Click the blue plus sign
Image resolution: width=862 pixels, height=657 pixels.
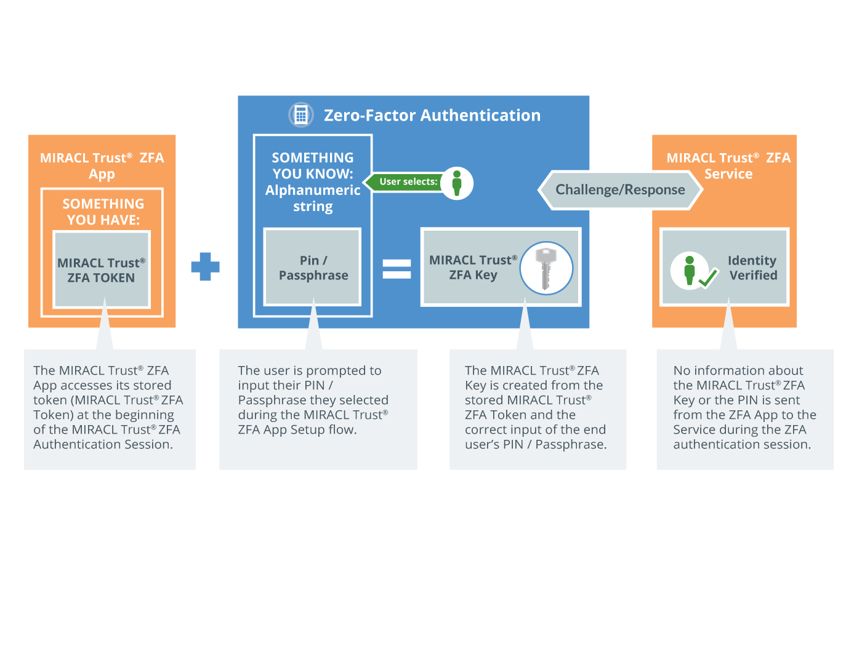(205, 266)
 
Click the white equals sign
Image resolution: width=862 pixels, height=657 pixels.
(397, 269)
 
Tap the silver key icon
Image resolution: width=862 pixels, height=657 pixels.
(546, 268)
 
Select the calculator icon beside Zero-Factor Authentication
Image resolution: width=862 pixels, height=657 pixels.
(301, 115)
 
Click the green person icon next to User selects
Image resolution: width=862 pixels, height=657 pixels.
(457, 183)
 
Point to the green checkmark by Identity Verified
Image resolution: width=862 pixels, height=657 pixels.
(708, 278)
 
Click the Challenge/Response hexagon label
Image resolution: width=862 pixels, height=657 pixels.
(620, 190)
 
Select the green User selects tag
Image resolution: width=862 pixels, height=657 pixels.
(406, 182)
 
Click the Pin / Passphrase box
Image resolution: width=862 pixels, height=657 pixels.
(313, 268)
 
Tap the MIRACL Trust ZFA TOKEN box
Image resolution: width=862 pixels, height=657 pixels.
(102, 270)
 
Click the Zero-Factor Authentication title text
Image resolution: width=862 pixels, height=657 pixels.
(432, 116)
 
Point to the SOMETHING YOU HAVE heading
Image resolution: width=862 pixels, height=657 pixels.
(103, 212)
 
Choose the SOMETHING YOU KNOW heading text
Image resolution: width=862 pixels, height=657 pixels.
(313, 166)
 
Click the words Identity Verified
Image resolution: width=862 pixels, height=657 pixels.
(752, 268)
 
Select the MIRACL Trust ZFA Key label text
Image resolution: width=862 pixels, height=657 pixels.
(473, 268)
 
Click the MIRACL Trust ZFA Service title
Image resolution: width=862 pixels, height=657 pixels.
(728, 165)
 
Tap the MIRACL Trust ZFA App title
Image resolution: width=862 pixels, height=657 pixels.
(102, 165)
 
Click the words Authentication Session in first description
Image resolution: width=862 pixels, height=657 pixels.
(103, 444)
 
